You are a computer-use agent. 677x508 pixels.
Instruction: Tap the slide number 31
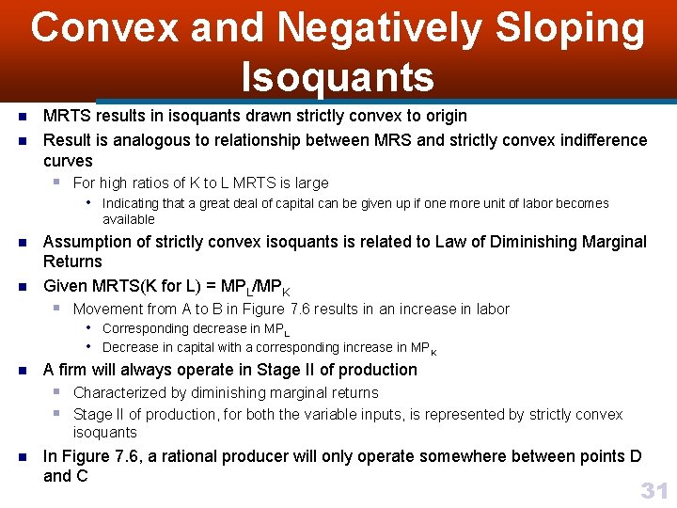tap(653, 489)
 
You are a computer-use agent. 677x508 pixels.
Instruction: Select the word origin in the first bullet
tap(442, 116)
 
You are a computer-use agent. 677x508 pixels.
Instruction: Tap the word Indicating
tap(131, 203)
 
